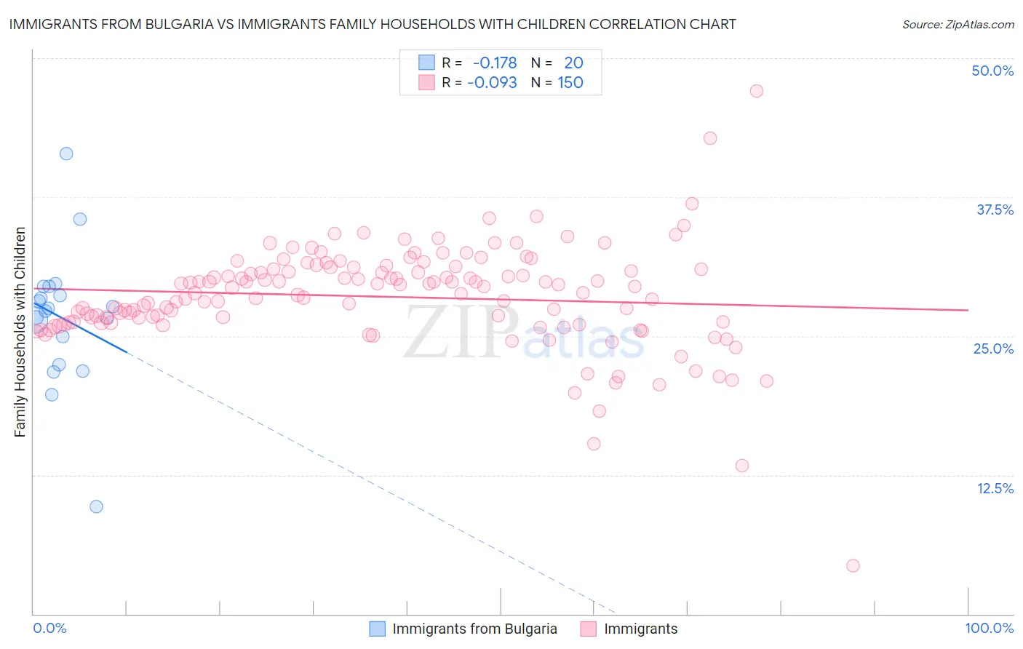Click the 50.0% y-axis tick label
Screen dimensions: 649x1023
992,71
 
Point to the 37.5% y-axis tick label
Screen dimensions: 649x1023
994,210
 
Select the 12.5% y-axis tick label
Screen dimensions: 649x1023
994,487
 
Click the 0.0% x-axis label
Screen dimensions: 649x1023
49,628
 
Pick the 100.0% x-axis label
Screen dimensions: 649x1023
989,628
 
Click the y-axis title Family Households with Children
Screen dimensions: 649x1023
20,332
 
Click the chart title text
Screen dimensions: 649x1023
373,24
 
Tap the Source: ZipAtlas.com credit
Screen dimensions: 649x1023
958,24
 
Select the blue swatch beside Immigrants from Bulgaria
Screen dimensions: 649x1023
377,629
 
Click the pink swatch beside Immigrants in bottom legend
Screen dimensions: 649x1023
588,629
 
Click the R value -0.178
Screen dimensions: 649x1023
495,63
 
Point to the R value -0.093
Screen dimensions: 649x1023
492,82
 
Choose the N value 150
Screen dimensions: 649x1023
570,82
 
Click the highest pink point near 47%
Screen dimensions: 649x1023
756,91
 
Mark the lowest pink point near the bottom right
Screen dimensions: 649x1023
853,565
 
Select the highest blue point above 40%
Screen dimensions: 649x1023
66,154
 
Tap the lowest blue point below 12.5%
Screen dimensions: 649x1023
96,506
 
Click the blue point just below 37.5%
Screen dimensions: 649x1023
80,219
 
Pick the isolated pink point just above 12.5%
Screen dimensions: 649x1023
741,466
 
